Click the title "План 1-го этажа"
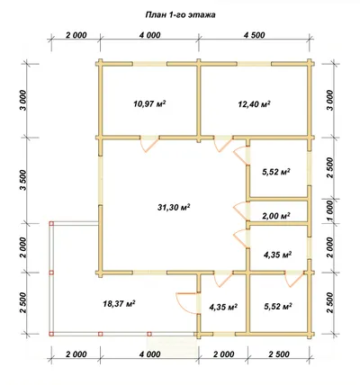pyautogui.click(x=180, y=15)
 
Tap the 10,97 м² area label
pyautogui.click(x=149, y=104)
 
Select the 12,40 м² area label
pyautogui.click(x=254, y=104)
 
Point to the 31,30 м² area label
pyautogui.click(x=174, y=207)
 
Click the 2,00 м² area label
pyautogui.click(x=276, y=216)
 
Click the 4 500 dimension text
pyautogui.click(x=254, y=35)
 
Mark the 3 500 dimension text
pyautogui.click(x=24, y=180)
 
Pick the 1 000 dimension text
pyautogui.click(x=330, y=211)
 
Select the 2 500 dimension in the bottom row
pyautogui.click(x=279, y=354)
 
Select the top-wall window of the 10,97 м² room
pyautogui.click(x=150, y=64)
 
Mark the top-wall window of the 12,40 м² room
pyautogui.click(x=255, y=64)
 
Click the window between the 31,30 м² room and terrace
pyautogui.click(x=150, y=273)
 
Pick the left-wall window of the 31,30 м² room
pyautogui.click(x=100, y=181)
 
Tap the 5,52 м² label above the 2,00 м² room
pyautogui.click(x=276, y=172)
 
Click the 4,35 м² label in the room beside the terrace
pyautogui.click(x=223, y=307)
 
